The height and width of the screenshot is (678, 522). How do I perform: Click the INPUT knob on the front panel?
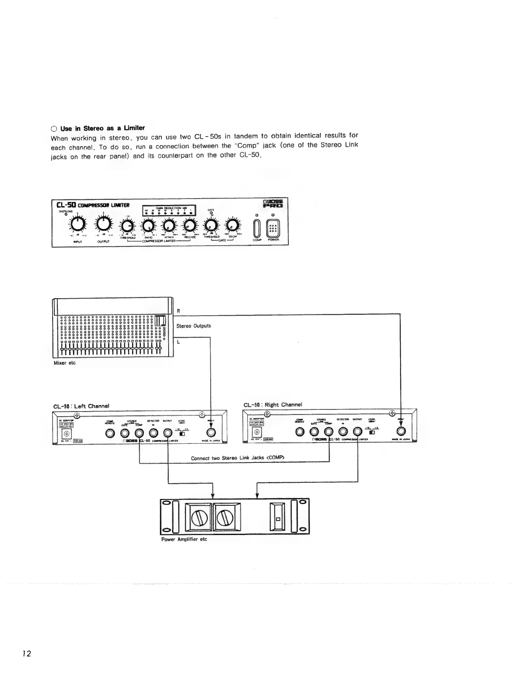(77, 224)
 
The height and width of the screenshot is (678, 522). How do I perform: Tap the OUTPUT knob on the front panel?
(103, 224)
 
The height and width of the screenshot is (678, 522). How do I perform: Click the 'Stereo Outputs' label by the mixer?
(194, 326)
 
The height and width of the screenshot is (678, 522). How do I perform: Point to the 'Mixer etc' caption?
(65, 363)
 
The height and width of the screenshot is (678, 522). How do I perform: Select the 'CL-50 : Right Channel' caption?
(272, 404)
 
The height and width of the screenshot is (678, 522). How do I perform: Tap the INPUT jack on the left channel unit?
(211, 432)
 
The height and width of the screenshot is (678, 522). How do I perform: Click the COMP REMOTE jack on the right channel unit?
(300, 431)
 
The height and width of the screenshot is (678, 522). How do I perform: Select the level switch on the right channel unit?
(372, 432)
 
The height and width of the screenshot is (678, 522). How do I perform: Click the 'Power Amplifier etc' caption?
(184, 539)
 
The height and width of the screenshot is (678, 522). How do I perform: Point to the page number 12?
(27, 653)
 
